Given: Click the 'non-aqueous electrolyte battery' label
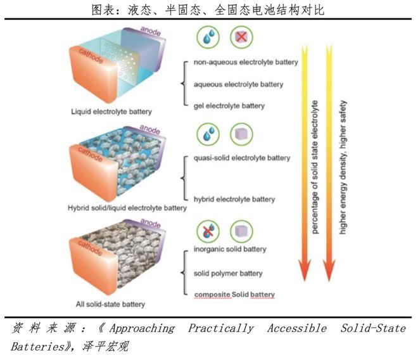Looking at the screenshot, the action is click(246, 63).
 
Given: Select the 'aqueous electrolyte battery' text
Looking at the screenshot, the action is click(238, 84).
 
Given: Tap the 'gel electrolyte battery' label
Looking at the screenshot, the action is click(229, 106).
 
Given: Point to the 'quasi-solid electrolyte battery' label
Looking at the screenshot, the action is click(242, 158).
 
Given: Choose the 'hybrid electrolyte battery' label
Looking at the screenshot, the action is click(234, 200).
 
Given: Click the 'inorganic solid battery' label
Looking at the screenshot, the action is click(230, 249).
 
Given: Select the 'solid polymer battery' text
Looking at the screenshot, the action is click(228, 274).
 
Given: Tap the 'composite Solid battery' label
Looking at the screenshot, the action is click(234, 295).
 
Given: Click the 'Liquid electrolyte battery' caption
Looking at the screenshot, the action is click(111, 112).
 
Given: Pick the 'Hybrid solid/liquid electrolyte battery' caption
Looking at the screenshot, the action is click(127, 208).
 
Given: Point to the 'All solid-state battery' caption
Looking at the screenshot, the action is click(110, 304).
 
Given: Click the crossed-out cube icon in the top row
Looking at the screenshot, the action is click(241, 37).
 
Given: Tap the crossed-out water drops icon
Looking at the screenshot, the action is click(208, 231).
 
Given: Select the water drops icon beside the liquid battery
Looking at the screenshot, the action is click(208, 37).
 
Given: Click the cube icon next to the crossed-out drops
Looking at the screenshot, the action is click(241, 231).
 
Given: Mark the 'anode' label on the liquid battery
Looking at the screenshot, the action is click(151, 31).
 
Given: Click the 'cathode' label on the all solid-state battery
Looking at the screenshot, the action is click(90, 248).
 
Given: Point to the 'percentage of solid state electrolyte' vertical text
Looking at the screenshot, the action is click(315, 167).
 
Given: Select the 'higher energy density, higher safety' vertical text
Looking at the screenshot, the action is click(343, 167).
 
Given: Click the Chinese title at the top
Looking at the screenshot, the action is click(208, 10).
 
